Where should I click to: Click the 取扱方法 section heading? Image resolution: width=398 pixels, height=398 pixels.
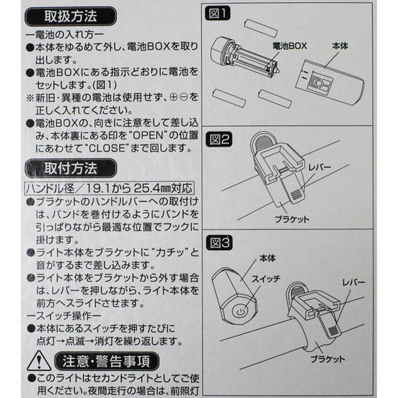click(71, 16)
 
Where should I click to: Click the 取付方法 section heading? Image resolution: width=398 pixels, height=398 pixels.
click(71, 168)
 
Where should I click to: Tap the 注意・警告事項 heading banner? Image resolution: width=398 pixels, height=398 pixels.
click(107, 361)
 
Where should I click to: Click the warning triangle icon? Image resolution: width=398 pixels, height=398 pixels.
click(39, 361)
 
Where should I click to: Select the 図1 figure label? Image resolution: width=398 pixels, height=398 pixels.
click(218, 13)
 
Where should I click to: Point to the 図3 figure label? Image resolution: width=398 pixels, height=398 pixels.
click(219, 243)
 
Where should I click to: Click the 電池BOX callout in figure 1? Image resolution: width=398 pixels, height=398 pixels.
click(289, 46)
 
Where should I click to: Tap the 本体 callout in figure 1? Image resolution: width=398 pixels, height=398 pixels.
click(340, 46)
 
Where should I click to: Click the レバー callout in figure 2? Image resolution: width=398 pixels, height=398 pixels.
click(320, 167)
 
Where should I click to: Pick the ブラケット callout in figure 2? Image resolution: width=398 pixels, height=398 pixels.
click(292, 219)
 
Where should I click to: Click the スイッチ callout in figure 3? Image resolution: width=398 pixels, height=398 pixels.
click(266, 279)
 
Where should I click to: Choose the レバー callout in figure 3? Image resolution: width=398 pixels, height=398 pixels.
click(353, 282)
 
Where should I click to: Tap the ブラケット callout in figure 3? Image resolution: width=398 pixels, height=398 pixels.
click(328, 359)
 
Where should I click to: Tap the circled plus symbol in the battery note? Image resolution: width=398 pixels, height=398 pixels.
click(174, 97)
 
